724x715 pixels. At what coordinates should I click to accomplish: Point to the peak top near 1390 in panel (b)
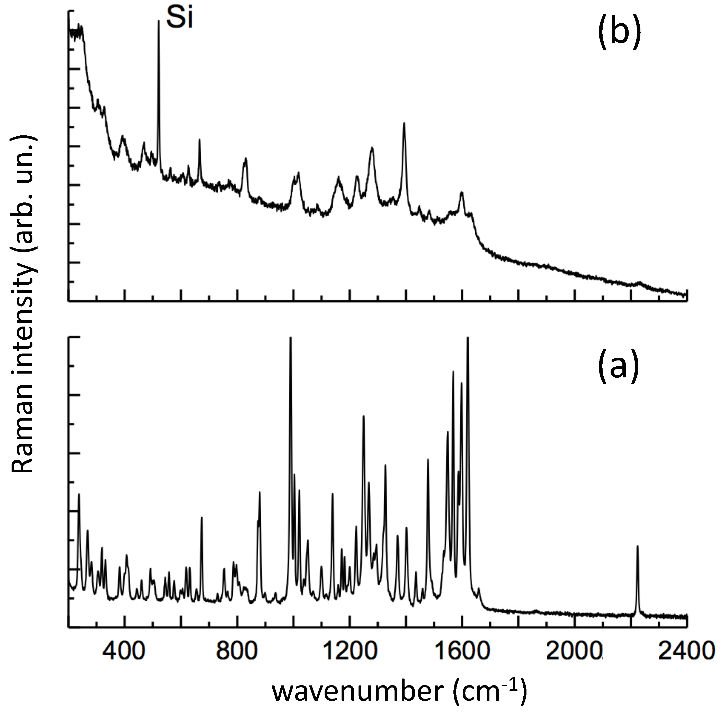[404, 124]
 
